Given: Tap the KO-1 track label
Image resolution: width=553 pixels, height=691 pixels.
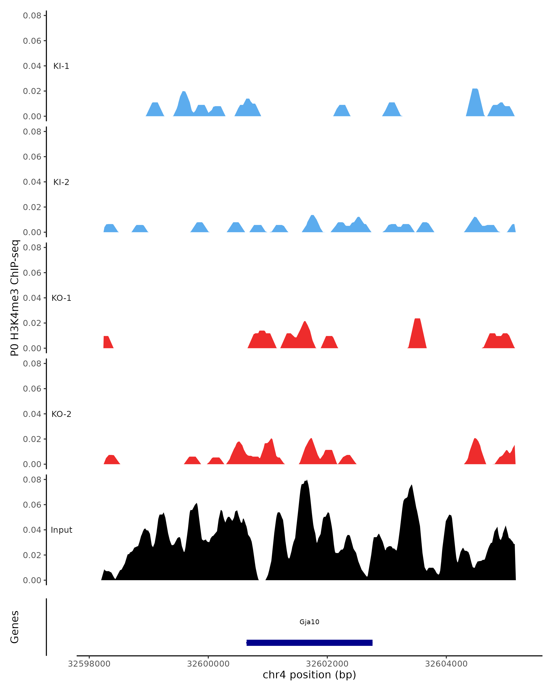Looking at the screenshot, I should pyautogui.click(x=61, y=298).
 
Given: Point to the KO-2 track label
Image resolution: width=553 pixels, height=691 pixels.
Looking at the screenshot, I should pyautogui.click(x=61, y=414).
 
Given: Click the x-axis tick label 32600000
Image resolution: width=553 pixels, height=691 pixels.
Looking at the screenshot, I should pyautogui.click(x=208, y=664).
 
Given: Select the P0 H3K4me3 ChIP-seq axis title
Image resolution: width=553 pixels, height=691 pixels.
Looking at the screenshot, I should pyautogui.click(x=15, y=298).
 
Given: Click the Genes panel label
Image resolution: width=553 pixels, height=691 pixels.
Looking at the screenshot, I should pyautogui.click(x=15, y=627).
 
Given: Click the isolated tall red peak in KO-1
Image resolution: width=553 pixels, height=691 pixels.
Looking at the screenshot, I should pyautogui.click(x=417, y=330).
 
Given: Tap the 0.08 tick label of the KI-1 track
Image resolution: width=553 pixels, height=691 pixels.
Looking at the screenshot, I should pyautogui.click(x=32, y=15).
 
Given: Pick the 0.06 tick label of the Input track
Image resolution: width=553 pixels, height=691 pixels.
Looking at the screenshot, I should pyautogui.click(x=32, y=505).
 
